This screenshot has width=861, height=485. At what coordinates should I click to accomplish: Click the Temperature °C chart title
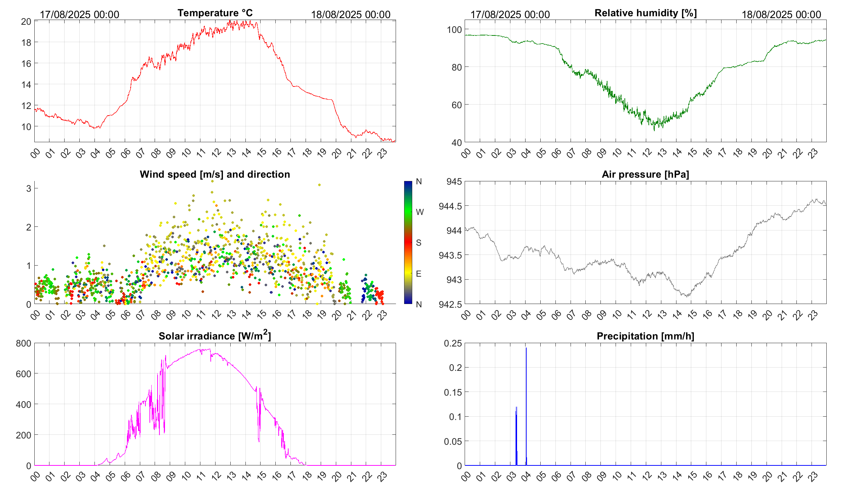(x=215, y=13)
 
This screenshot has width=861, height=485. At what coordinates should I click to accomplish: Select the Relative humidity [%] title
(x=645, y=13)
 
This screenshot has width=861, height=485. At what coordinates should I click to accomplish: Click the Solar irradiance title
(x=215, y=336)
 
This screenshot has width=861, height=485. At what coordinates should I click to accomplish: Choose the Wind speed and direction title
(x=215, y=174)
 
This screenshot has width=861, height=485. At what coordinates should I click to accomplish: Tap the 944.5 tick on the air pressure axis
(x=450, y=206)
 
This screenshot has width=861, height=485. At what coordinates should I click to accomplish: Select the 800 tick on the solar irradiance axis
(x=24, y=344)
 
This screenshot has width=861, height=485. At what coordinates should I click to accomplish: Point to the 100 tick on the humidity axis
(x=454, y=30)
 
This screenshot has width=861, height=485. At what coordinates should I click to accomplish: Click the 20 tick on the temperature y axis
(x=26, y=21)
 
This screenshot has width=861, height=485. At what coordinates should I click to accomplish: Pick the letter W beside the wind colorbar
(x=420, y=212)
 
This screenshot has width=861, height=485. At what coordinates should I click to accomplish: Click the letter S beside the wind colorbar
(x=419, y=243)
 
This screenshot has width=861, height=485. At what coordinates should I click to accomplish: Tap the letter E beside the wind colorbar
(x=419, y=274)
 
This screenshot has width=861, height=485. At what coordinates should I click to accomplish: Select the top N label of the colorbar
(x=419, y=181)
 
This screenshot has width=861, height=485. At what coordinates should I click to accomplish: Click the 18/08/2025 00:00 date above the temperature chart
(x=350, y=15)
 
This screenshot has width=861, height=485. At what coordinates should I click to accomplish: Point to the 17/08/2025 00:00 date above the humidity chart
(x=510, y=15)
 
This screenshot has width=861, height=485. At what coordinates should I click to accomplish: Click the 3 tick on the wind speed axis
(x=29, y=188)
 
